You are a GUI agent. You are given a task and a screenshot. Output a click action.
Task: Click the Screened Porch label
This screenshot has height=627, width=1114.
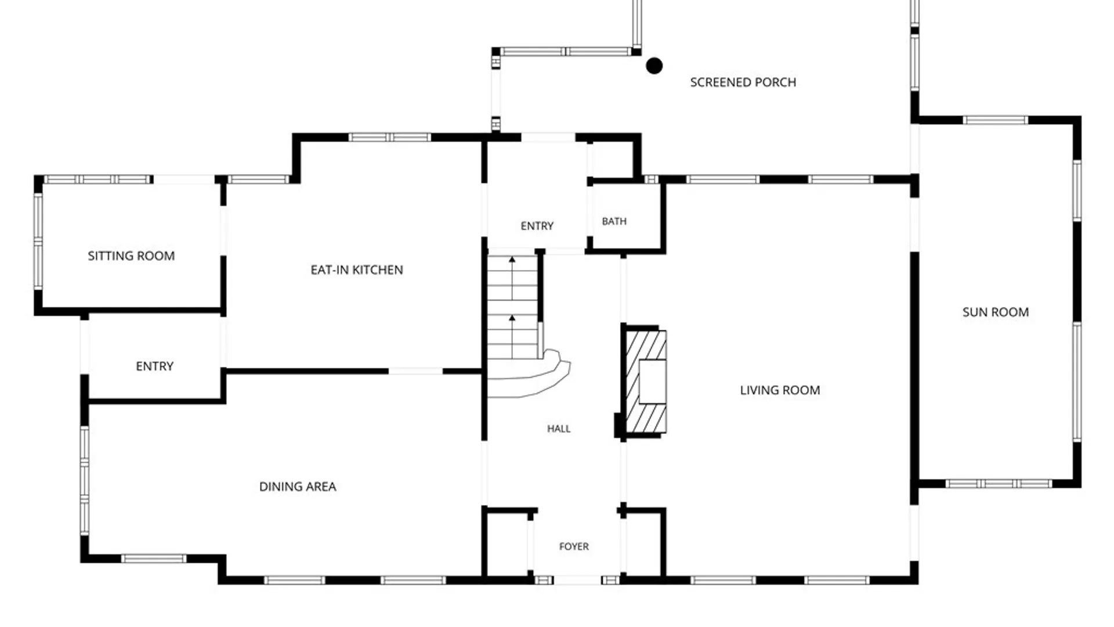click(x=743, y=82)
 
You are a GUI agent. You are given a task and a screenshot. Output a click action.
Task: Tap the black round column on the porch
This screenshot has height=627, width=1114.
click(x=654, y=66)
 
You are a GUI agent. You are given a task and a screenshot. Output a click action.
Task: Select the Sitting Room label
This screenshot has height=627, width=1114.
click(x=131, y=256)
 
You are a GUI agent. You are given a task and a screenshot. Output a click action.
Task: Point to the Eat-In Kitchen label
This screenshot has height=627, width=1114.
click(x=357, y=270)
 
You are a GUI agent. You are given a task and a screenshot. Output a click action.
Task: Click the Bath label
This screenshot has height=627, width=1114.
click(x=614, y=221)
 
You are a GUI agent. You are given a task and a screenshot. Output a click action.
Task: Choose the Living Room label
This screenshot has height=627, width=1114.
click(x=780, y=390)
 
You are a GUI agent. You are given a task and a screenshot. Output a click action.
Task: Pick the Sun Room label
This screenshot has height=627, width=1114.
click(x=996, y=312)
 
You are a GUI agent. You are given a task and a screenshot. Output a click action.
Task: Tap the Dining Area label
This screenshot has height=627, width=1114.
click(x=298, y=487)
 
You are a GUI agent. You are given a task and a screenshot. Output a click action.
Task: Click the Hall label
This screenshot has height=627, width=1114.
click(x=559, y=428)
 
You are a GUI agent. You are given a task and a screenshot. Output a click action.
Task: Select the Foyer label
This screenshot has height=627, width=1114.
click(x=574, y=546)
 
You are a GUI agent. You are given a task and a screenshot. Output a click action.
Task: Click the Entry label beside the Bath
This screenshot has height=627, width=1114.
click(x=537, y=226)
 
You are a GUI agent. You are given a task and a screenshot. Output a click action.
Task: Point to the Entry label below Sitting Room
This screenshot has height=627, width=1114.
click(x=154, y=366)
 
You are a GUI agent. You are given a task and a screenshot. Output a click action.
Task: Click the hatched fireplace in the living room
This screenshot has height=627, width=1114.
click(x=646, y=381)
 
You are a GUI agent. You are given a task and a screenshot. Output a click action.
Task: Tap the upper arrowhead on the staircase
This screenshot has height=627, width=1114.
click(x=512, y=260)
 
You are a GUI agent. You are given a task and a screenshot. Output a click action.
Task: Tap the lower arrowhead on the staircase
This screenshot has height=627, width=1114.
click(x=512, y=318)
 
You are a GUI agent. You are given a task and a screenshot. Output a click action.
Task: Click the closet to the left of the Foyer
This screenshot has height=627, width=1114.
click(x=507, y=544)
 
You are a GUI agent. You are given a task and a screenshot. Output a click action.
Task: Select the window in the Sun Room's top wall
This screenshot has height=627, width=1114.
click(x=996, y=120)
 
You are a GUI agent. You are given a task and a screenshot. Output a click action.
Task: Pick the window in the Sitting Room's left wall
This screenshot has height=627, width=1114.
click(x=38, y=240)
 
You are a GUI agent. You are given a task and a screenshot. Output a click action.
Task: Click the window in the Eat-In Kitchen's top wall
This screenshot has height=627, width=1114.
click(x=389, y=138)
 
